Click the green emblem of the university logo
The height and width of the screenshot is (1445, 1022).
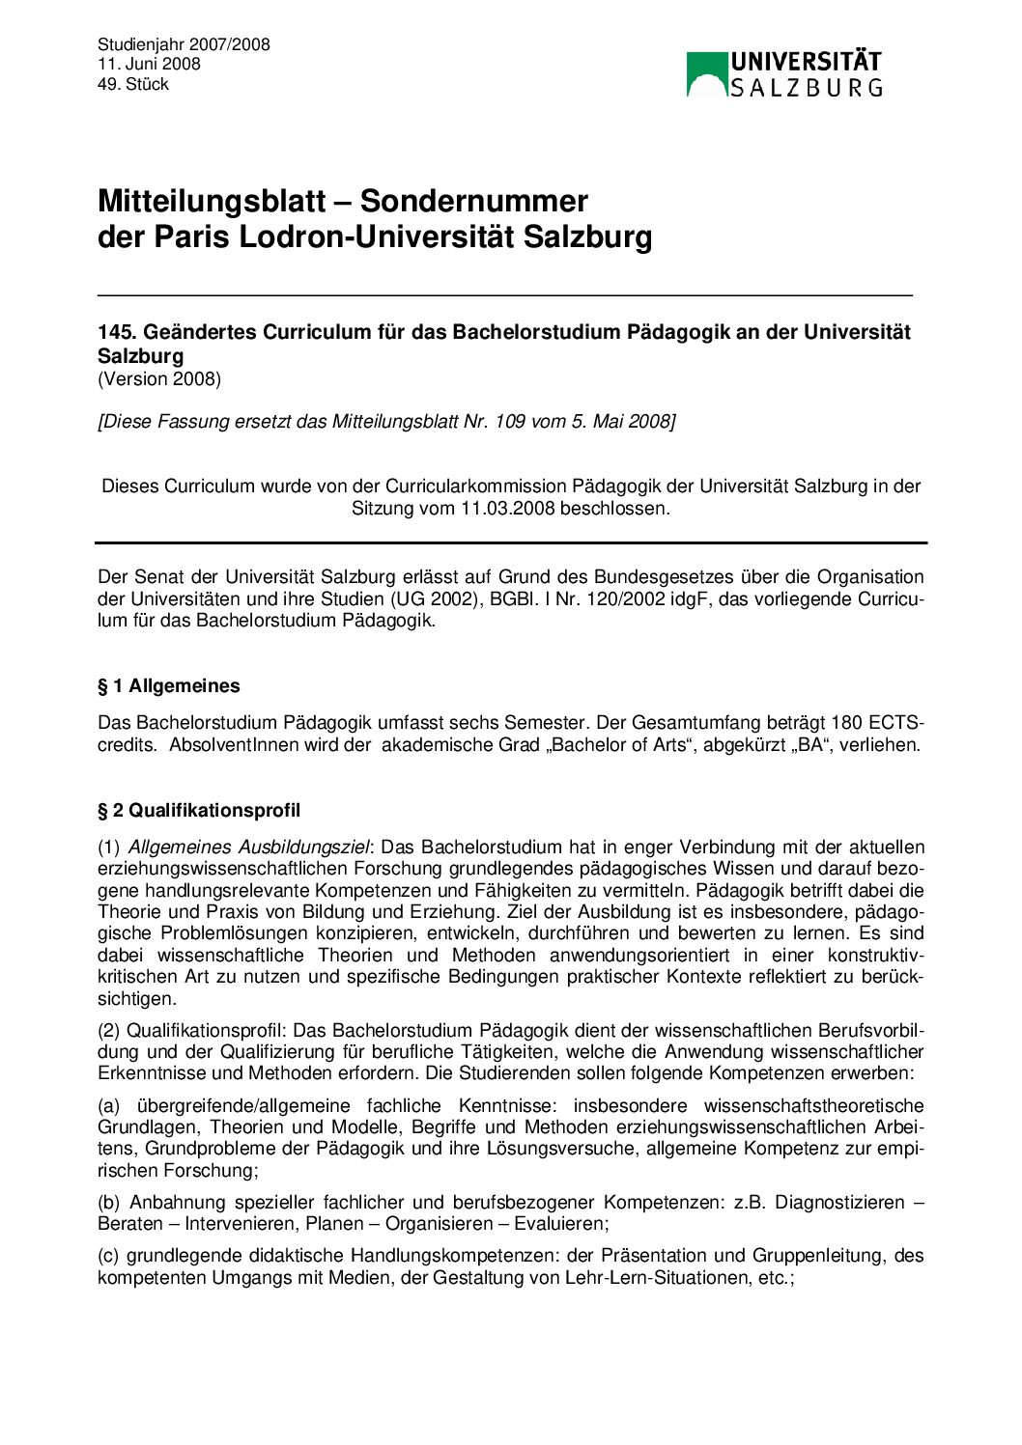pyautogui.click(x=705, y=74)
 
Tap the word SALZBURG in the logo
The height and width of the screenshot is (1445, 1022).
pyautogui.click(x=806, y=88)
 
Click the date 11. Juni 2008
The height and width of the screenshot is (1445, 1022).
pyautogui.click(x=149, y=64)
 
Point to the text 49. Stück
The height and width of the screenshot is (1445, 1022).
pyautogui.click(x=133, y=84)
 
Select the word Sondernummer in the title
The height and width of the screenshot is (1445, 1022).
pyautogui.click(x=473, y=201)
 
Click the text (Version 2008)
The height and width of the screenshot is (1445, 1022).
pyautogui.click(x=159, y=378)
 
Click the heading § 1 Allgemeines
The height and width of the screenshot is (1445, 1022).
pyautogui.click(x=169, y=686)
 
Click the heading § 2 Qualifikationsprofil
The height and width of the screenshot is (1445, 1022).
pyautogui.click(x=199, y=810)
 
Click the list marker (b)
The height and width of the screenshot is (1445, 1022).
pyautogui.click(x=109, y=1203)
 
